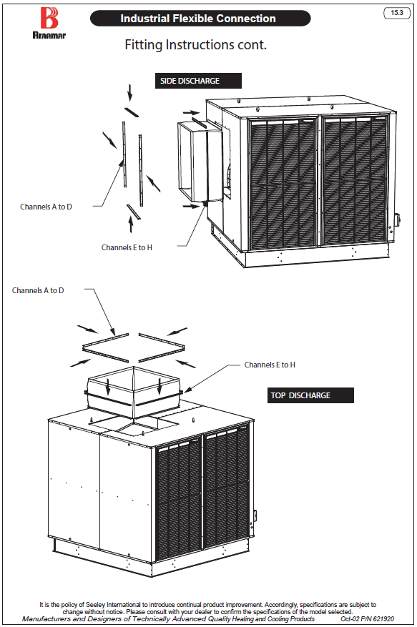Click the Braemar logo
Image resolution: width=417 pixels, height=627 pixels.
click(x=49, y=23)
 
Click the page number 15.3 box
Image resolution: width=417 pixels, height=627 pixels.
click(x=397, y=13)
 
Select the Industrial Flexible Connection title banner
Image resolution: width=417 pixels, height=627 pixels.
click(x=200, y=19)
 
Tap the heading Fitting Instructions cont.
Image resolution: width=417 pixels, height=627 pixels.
click(x=196, y=44)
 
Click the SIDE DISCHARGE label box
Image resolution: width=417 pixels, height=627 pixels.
click(x=198, y=81)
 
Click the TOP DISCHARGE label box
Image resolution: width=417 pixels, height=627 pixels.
click(x=310, y=395)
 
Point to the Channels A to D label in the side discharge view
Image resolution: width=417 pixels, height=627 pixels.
click(x=46, y=207)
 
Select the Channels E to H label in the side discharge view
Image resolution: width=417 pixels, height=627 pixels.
click(x=127, y=247)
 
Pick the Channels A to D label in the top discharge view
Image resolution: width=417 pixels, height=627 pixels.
click(x=38, y=290)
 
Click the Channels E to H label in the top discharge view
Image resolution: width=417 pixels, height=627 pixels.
click(x=270, y=365)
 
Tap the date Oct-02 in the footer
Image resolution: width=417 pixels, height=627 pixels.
click(x=350, y=619)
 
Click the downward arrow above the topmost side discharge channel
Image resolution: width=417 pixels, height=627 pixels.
click(x=129, y=92)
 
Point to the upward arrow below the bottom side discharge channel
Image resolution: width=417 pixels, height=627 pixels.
click(x=130, y=224)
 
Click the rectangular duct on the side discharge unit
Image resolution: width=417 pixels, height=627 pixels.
click(x=200, y=162)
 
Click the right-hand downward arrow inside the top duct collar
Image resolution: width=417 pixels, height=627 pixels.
click(x=160, y=386)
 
